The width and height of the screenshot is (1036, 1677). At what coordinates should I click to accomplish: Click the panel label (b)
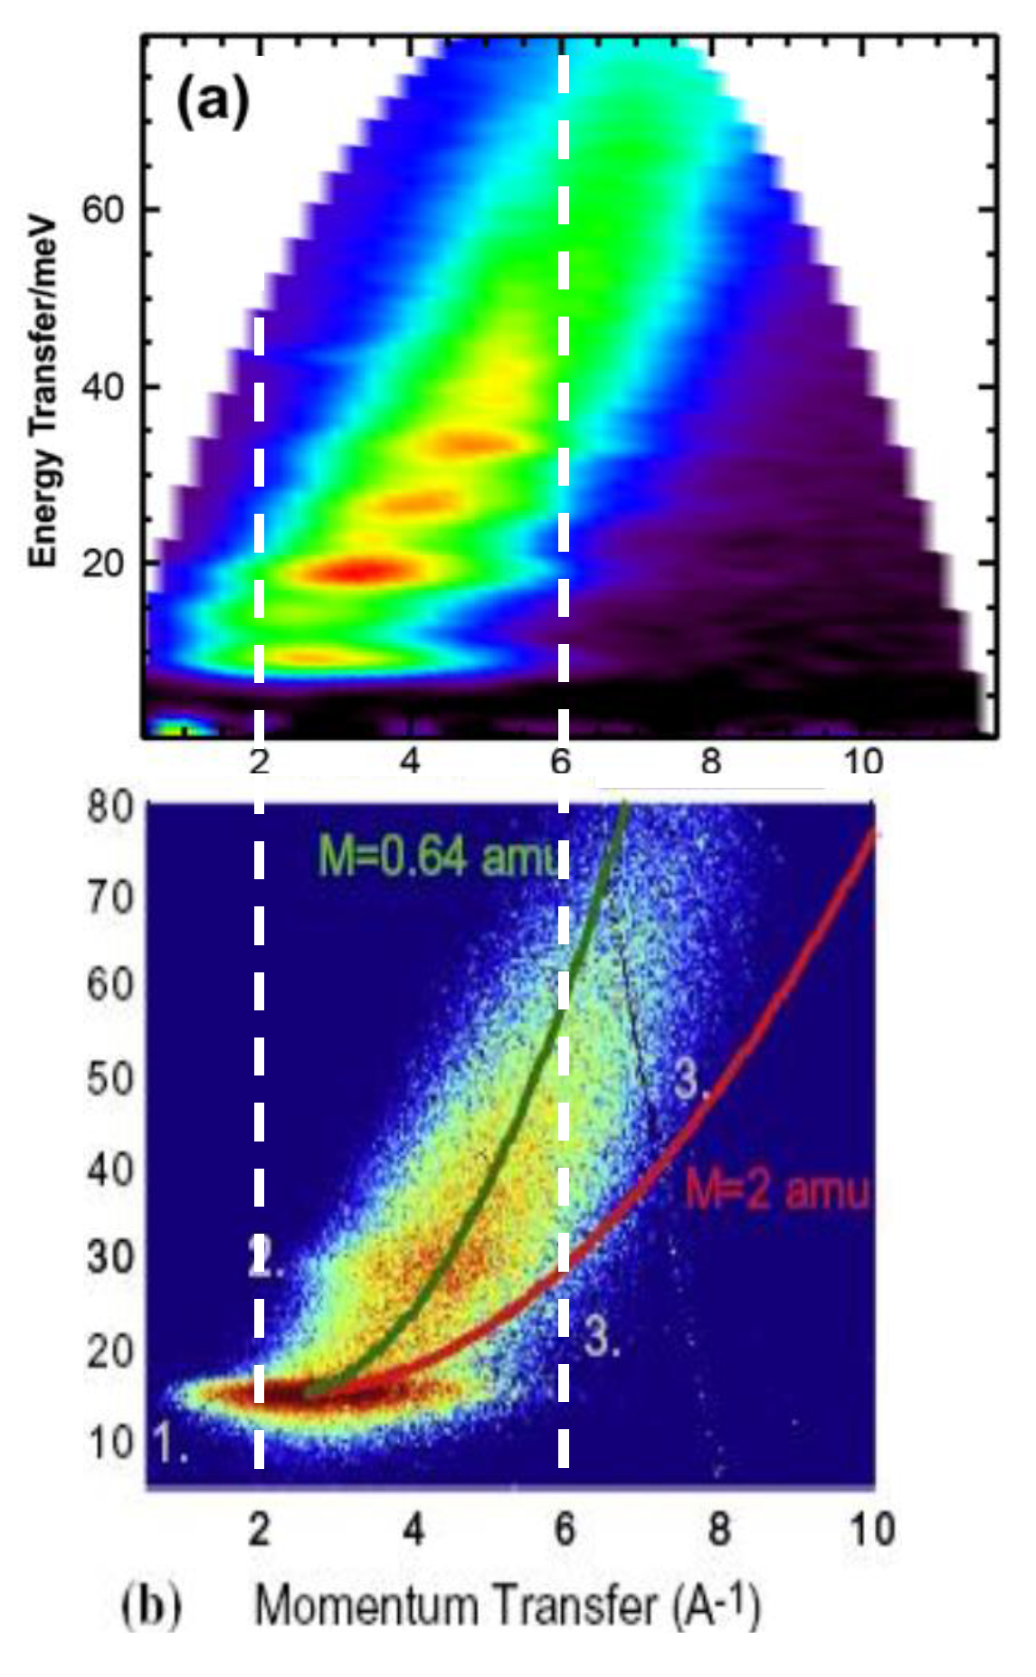[151, 1606]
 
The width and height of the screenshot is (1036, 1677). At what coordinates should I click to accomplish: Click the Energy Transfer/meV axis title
[43, 393]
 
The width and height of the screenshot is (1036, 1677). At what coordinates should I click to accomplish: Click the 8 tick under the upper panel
[711, 762]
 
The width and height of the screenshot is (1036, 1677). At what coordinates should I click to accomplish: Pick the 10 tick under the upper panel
[862, 762]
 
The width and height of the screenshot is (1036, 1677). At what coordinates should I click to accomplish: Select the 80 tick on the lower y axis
[109, 804]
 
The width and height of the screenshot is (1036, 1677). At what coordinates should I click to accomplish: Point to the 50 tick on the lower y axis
[109, 1078]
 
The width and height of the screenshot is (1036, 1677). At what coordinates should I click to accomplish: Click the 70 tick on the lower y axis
[109, 897]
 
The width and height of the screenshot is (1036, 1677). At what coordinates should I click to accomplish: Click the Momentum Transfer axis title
[507, 1606]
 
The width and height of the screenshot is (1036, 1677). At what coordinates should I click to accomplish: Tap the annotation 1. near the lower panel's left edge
[169, 1443]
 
